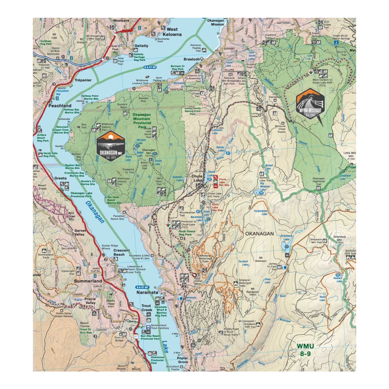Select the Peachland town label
pyautogui.click(x=60, y=106)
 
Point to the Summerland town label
pyautogui.click(x=88, y=281)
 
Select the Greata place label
pyautogui.click(x=60, y=178)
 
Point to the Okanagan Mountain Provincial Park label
pyautogui.click(x=142, y=121)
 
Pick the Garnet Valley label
pyautogui.click(x=80, y=232)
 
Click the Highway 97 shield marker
pyautogui.click(x=136, y=336)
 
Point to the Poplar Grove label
pyautogui.click(x=183, y=360)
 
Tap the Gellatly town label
pyautogui.click(x=141, y=46)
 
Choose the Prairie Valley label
pyautogui.click(x=89, y=301)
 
